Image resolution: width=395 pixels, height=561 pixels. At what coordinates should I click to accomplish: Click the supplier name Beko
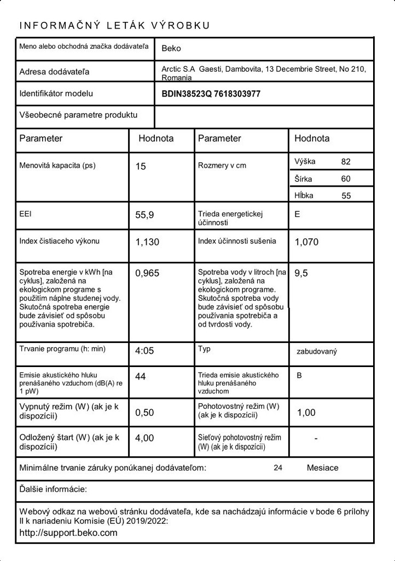(x=171, y=48)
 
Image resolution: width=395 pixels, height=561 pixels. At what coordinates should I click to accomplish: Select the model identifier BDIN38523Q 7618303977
(x=211, y=94)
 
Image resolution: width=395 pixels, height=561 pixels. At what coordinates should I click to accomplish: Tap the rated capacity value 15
(x=141, y=166)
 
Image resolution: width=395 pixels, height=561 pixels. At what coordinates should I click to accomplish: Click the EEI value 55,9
(x=144, y=215)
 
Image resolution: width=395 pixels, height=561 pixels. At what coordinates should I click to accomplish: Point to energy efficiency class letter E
(x=297, y=214)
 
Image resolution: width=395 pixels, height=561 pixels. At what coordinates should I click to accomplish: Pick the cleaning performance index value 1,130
(x=147, y=242)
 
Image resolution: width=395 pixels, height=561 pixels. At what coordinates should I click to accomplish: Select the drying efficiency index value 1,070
(x=306, y=242)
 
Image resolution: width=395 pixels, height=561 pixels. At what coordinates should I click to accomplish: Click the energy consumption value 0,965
(x=147, y=273)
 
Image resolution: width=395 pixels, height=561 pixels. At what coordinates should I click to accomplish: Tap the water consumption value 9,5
(x=301, y=273)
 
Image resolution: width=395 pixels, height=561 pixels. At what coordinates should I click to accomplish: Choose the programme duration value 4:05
(x=144, y=351)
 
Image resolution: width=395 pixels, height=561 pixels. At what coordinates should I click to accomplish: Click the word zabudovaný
(x=316, y=351)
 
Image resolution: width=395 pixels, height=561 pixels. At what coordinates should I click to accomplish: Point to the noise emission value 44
(x=140, y=376)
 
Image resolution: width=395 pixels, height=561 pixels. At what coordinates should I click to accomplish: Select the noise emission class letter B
(x=299, y=376)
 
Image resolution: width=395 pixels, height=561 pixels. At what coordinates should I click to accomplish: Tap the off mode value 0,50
(x=144, y=413)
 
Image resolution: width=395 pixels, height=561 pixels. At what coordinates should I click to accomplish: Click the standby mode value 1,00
(x=306, y=413)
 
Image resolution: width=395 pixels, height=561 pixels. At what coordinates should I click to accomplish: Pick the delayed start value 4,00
(x=144, y=438)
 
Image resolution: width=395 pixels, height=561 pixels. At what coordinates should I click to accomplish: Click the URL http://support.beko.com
(x=68, y=533)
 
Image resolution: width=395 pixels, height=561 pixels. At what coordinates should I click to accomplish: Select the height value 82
(x=345, y=162)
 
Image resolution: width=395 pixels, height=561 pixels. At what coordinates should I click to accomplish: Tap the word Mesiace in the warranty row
(x=323, y=468)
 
